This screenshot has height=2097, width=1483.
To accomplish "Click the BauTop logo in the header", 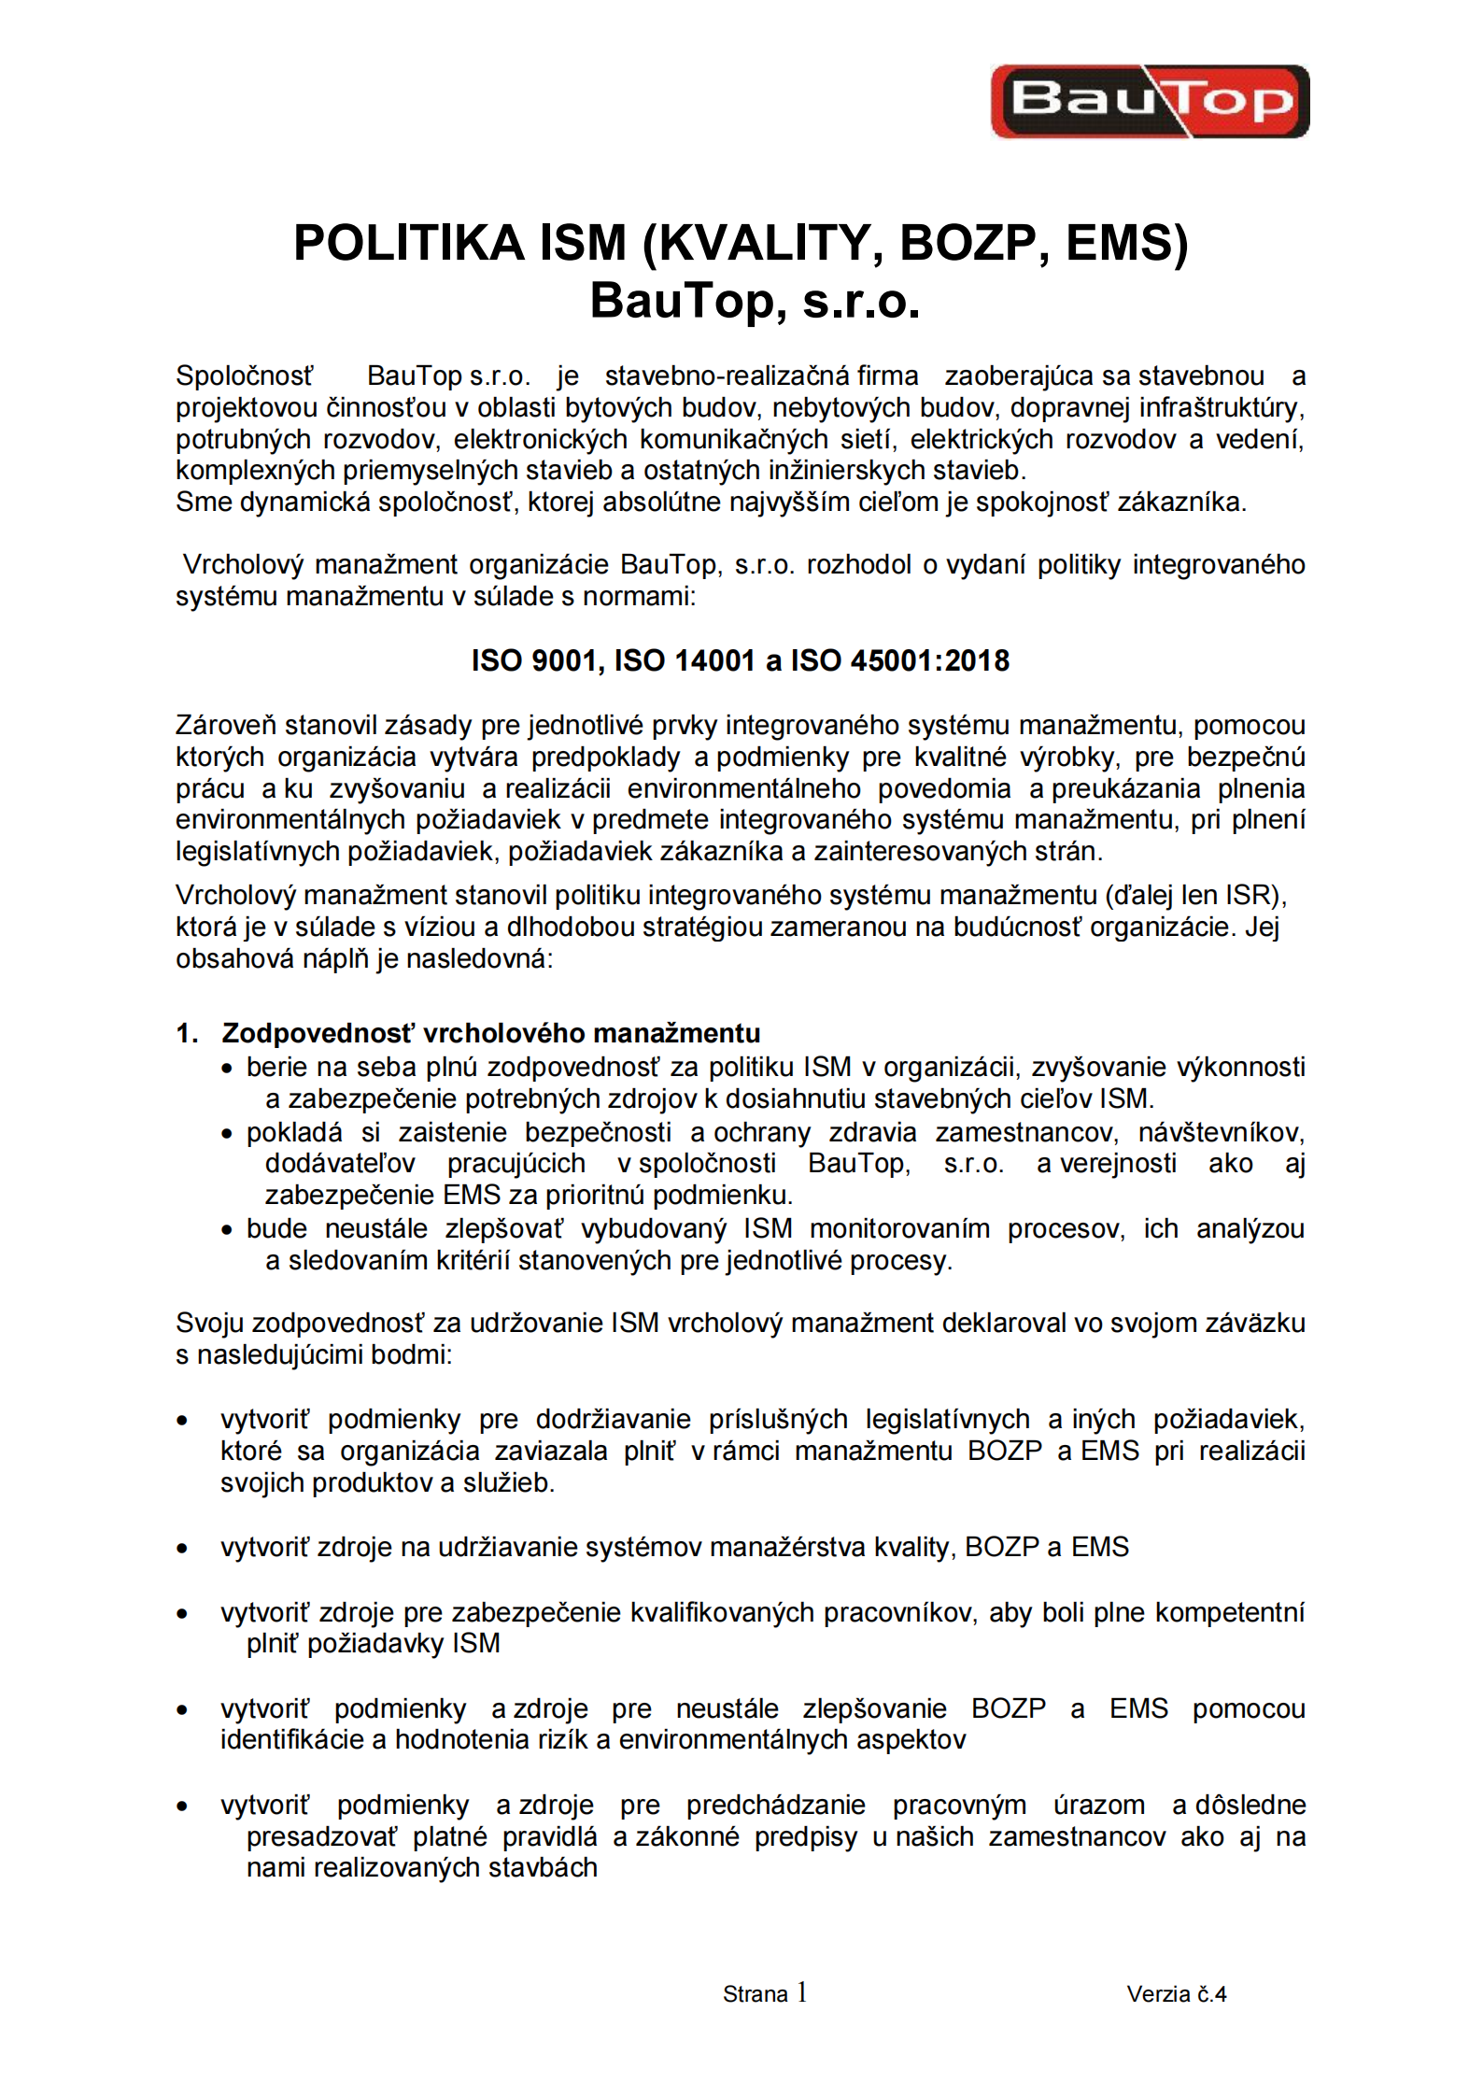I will pos(1149,101).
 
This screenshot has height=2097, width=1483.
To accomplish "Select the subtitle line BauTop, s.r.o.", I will pos(755,301).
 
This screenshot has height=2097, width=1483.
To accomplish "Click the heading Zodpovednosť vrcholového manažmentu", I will pos(490,1032).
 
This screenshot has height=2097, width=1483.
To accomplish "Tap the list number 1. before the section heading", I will pos(186,1032).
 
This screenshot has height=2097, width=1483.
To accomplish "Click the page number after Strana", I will pos(801,1992).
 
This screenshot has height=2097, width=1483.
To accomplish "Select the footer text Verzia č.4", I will pos(1176,1994).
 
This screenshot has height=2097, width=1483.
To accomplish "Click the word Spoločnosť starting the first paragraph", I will pos(245,375).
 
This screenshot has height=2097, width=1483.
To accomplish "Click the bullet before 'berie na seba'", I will pos(226,1069).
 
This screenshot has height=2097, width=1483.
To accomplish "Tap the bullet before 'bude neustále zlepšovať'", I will pos(226,1230).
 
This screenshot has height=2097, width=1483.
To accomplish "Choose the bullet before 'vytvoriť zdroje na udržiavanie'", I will pos(183,1549).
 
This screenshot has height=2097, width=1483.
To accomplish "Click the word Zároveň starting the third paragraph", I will pos(226,725).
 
